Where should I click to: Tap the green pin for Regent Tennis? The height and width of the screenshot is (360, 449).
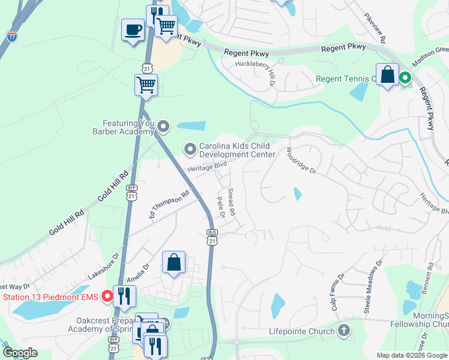(405, 77)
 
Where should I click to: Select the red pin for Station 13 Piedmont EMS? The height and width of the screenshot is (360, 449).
(107, 296)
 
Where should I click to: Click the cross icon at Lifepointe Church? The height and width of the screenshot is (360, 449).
(344, 329)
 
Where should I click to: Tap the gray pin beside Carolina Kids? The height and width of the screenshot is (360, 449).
(190, 148)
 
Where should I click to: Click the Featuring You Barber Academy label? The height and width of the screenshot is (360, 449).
(123, 127)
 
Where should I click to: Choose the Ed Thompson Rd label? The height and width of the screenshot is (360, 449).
(169, 205)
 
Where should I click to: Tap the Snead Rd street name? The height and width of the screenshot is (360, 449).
(232, 203)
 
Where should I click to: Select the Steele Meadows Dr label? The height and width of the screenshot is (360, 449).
(372, 286)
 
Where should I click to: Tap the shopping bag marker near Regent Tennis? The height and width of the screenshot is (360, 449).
(388, 76)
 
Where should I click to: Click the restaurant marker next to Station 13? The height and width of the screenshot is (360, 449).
(124, 296)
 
